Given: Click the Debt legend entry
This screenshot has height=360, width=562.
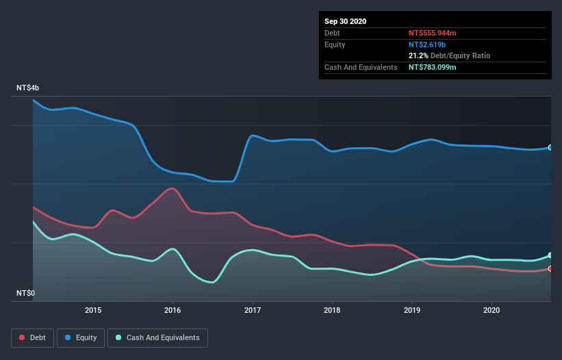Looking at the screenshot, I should (33, 337).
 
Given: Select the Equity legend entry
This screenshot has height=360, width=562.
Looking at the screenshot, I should (81, 337).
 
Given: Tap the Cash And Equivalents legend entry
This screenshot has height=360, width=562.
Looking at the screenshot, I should (157, 337).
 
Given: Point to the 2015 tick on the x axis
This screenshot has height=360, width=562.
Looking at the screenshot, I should (93, 309).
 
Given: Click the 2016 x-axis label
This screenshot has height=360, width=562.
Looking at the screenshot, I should (173, 309).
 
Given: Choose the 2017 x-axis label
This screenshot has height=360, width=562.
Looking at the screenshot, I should (253, 309).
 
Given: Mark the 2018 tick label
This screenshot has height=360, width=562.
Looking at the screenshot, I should (332, 309).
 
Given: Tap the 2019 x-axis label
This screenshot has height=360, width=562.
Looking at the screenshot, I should (412, 309).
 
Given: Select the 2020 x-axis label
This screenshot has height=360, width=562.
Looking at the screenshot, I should (491, 309).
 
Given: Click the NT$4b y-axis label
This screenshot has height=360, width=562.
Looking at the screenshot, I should (28, 88).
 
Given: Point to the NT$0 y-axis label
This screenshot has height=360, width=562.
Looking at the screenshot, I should (25, 293).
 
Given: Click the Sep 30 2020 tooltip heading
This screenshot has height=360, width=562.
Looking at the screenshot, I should (346, 21).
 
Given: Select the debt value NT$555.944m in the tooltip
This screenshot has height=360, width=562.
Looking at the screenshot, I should (433, 33).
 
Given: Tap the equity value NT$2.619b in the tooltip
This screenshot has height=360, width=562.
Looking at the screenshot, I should (427, 44).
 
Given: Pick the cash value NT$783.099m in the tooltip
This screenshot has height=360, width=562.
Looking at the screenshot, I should (433, 67).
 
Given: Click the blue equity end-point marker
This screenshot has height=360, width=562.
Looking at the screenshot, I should (550, 148).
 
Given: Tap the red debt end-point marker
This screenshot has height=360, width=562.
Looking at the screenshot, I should (550, 268).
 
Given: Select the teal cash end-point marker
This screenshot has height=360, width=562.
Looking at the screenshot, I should (550, 255).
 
